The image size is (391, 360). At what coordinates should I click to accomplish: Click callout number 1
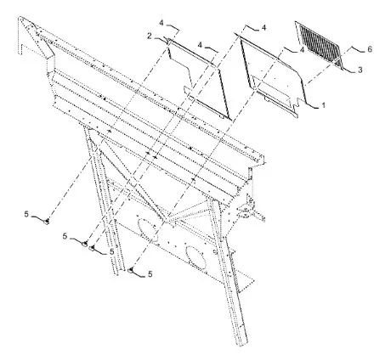(323, 105)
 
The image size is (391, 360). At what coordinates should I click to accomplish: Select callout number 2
(150, 36)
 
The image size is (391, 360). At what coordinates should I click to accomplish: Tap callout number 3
(360, 70)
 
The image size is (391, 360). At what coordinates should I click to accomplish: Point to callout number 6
(370, 49)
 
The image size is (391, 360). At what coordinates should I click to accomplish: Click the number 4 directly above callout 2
(161, 23)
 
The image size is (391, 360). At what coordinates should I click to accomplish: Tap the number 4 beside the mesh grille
(302, 50)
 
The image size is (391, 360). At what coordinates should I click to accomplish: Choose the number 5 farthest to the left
(26, 214)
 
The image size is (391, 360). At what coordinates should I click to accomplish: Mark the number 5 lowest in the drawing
(150, 274)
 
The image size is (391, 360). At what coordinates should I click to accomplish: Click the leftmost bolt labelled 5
(48, 222)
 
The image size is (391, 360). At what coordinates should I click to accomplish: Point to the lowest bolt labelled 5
(131, 270)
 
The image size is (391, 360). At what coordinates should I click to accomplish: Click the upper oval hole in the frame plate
(147, 228)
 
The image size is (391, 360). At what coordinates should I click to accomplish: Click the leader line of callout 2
(161, 37)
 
